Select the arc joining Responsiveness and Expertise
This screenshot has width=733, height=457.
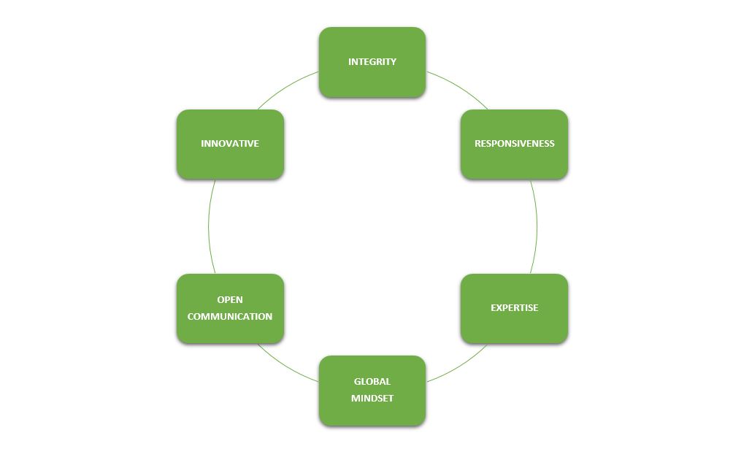[x=537, y=226]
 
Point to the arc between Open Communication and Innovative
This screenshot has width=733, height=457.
[x=208, y=226]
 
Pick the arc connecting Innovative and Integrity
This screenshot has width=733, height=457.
[x=286, y=88]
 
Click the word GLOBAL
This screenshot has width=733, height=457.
[x=372, y=381]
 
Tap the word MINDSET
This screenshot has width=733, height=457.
[x=372, y=399]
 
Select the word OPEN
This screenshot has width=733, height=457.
[x=230, y=300]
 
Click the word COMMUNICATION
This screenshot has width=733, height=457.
[x=230, y=317]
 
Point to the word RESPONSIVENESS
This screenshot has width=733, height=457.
[x=514, y=144]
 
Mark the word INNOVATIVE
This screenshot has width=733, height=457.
[x=230, y=144]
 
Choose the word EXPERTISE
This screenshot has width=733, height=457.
[x=514, y=308]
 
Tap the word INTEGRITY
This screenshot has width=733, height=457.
[x=372, y=62]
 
